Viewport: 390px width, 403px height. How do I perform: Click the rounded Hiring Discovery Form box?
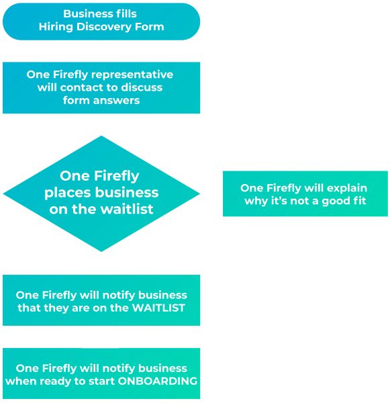point(101,21)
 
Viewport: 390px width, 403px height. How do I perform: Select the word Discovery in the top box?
point(99,28)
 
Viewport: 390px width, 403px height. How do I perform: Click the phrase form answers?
point(101,101)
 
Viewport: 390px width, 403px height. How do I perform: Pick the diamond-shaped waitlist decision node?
point(101,193)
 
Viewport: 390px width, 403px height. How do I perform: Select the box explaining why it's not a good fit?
point(305,193)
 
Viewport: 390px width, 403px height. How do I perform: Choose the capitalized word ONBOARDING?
point(157,382)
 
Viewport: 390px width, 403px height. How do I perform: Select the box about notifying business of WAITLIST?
point(101,300)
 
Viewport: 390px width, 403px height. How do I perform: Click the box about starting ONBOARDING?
point(101,373)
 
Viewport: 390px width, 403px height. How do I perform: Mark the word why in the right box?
point(255,201)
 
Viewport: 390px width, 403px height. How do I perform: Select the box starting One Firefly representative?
point(101,87)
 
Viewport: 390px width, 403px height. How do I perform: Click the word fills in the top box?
point(125,14)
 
